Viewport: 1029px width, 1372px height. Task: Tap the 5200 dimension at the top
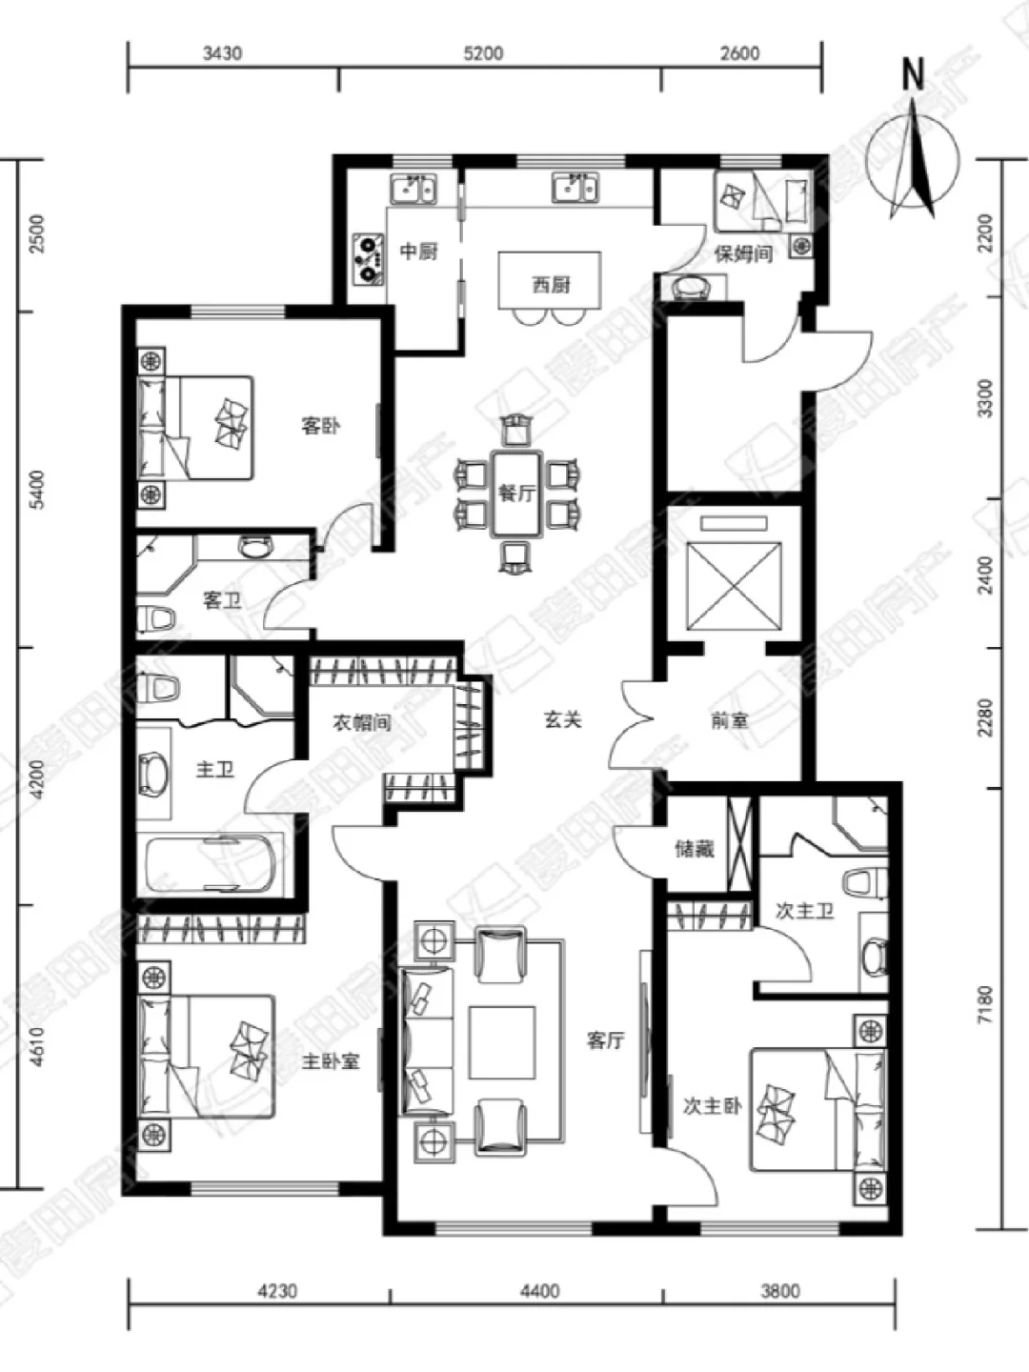point(483,53)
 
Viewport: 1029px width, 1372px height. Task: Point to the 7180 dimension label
point(985,1004)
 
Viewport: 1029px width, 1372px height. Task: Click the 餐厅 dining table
point(516,494)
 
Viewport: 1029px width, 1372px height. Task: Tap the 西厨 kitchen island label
point(551,286)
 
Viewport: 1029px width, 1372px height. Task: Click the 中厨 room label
point(418,252)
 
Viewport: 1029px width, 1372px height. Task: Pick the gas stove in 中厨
point(368,259)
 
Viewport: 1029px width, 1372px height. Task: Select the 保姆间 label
point(743,253)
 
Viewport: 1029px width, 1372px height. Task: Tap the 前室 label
point(729,720)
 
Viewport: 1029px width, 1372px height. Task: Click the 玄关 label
point(562,720)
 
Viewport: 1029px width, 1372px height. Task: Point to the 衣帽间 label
point(362,722)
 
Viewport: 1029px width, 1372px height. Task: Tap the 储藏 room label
point(695,849)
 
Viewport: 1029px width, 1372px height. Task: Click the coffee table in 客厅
point(502,1042)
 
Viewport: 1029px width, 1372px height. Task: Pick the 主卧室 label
point(331,1061)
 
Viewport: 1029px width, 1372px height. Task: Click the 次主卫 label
point(805,912)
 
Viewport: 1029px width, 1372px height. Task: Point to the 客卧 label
point(320,426)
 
